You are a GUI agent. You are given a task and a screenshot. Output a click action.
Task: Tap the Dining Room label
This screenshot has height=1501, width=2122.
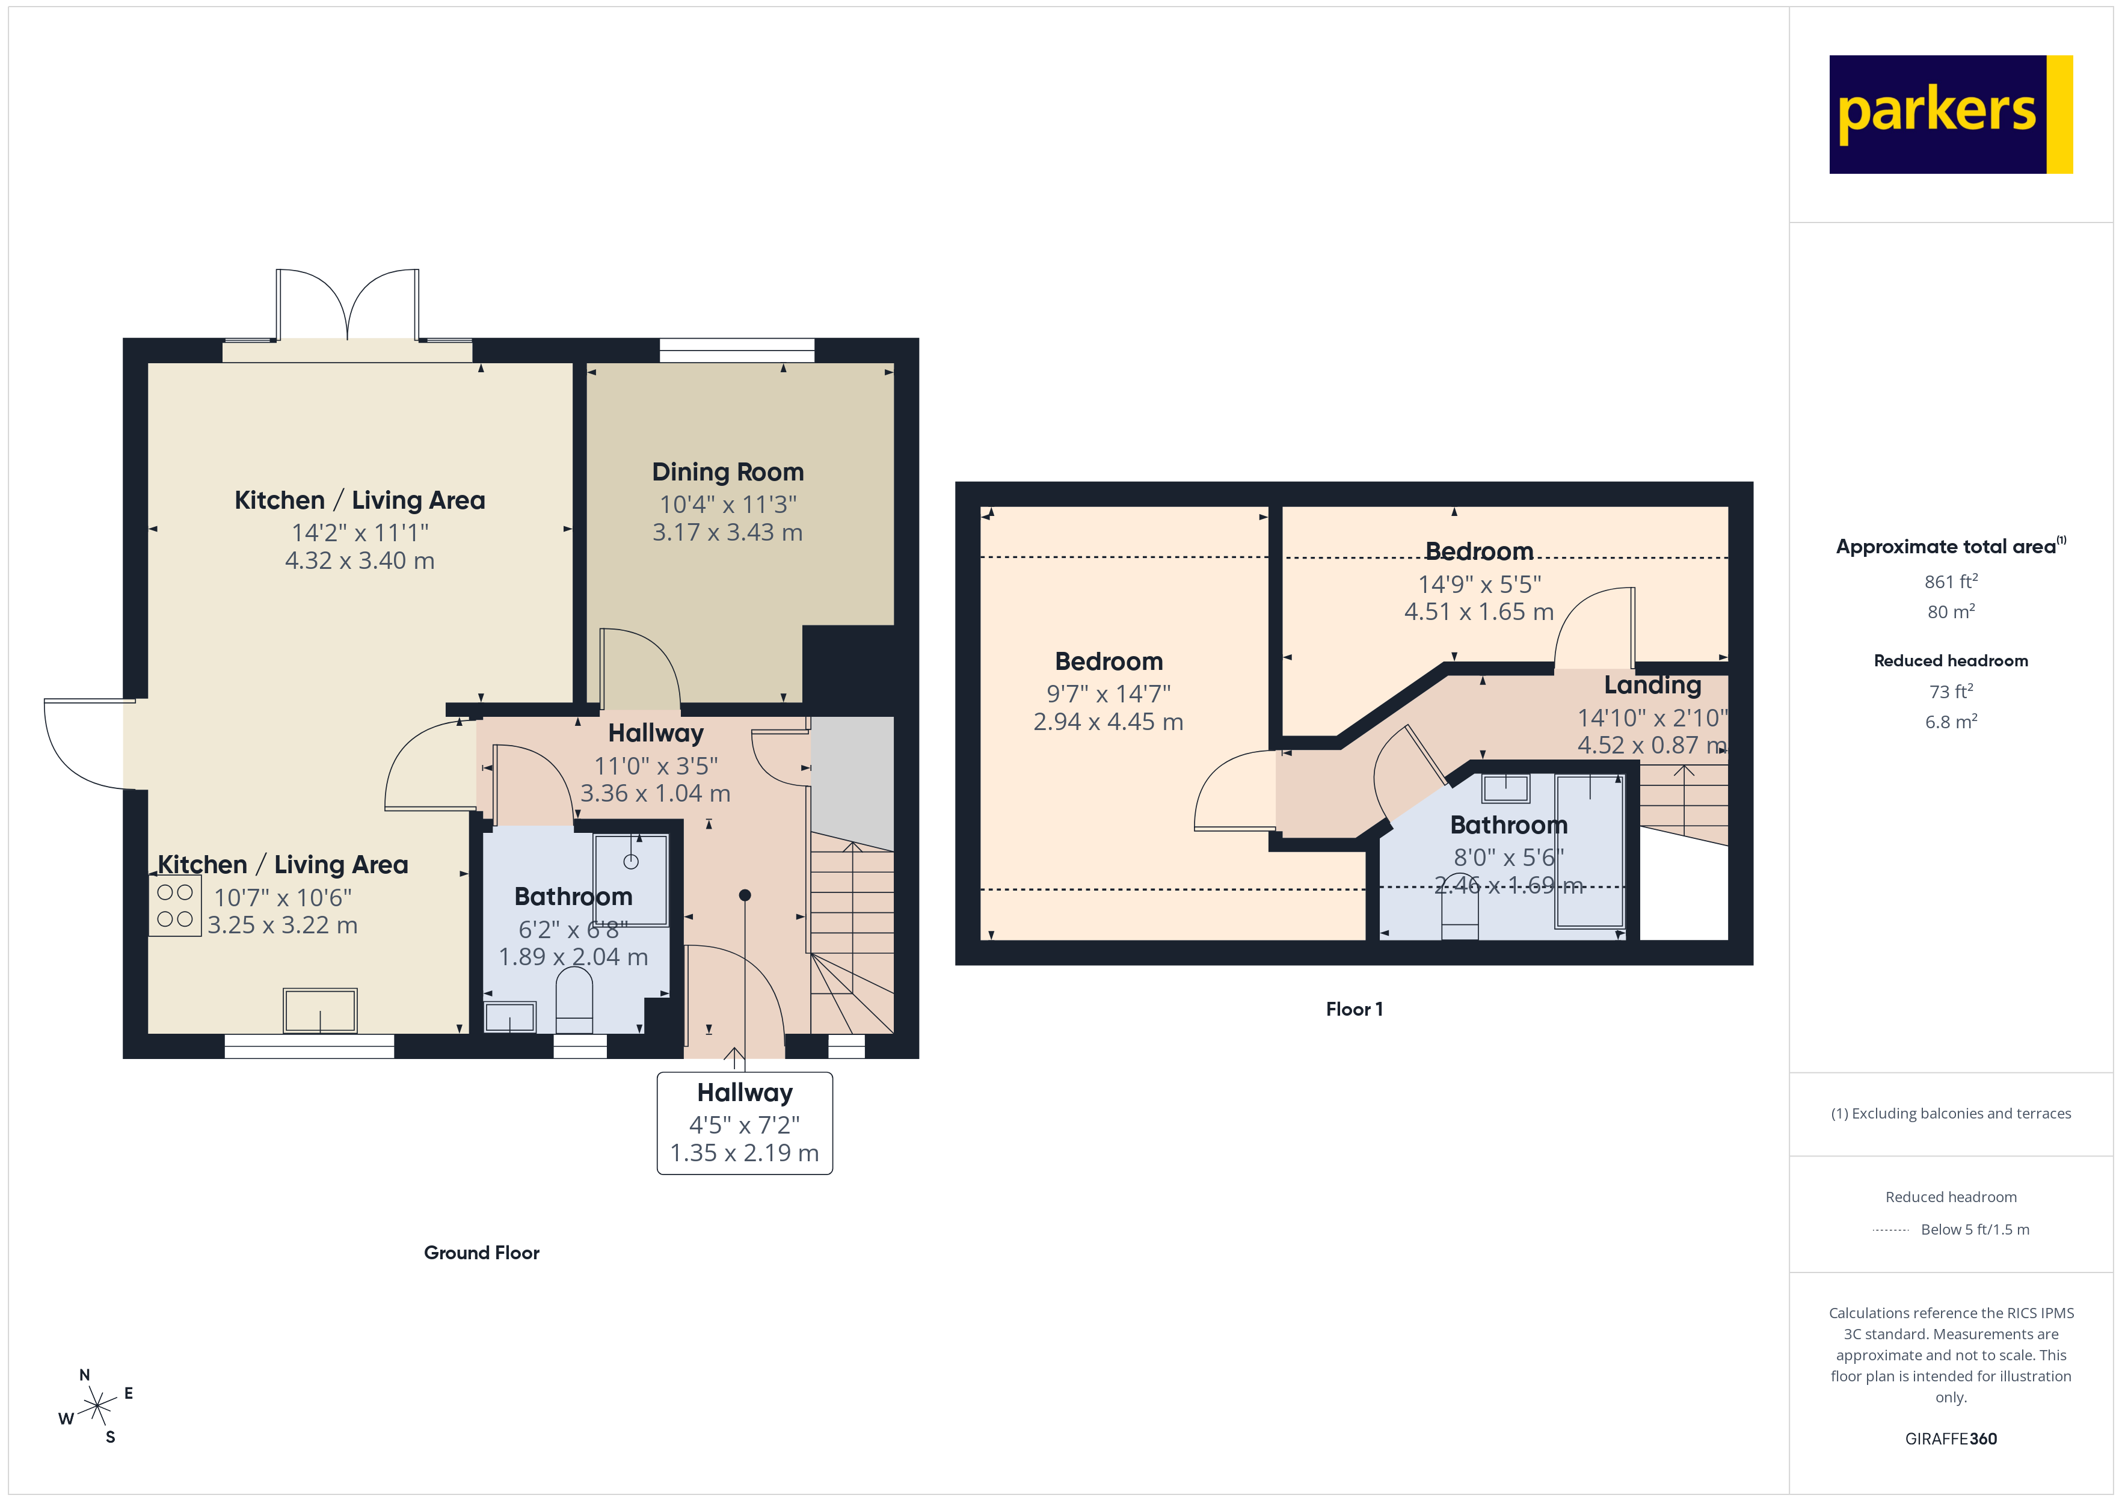[727, 472]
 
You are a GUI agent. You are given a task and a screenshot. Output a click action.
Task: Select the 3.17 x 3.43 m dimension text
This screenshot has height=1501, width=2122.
[727, 532]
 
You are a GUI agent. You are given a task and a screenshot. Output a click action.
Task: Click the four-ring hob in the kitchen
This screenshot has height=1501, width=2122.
[174, 906]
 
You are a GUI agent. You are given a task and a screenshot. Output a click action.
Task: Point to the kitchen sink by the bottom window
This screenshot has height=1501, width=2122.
[320, 1010]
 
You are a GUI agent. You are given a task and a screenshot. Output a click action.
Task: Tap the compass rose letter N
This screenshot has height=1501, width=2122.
[85, 1374]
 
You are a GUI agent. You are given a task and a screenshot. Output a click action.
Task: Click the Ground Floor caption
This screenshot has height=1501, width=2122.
[482, 1253]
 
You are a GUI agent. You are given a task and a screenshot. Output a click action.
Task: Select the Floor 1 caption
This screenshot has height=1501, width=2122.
[1354, 1009]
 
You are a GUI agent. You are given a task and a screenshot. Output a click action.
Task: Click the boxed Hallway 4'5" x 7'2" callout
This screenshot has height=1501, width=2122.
[745, 1123]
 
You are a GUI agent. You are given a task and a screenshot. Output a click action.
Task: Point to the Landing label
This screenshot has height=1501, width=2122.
[1652, 685]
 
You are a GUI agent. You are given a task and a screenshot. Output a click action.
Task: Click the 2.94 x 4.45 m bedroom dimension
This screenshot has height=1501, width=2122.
[1108, 722]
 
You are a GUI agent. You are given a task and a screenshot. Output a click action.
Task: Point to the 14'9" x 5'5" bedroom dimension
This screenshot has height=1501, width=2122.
[1480, 584]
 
